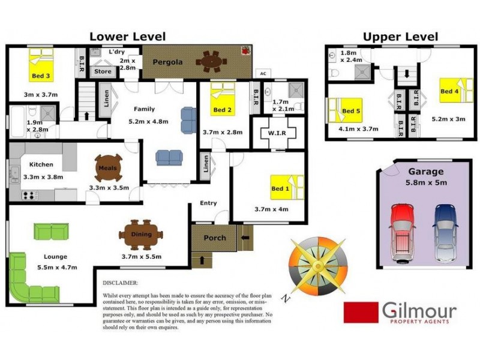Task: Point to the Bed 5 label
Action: click(x=349, y=111)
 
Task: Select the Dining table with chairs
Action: click(x=140, y=234)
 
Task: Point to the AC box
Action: click(x=262, y=74)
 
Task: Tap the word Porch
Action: click(x=214, y=238)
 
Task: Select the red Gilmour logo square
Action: click(x=360, y=311)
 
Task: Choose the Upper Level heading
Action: click(x=400, y=37)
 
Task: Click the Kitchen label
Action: click(x=41, y=164)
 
